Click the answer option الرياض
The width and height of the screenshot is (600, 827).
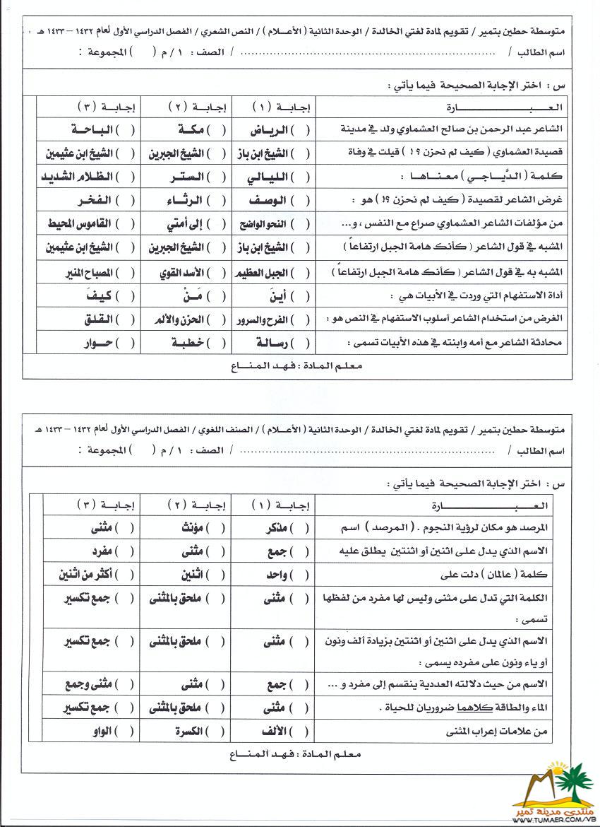pyautogui.click(x=272, y=130)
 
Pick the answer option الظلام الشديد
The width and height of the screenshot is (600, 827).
pyautogui.click(x=82, y=177)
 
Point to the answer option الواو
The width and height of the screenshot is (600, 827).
pyautogui.click(x=99, y=732)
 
